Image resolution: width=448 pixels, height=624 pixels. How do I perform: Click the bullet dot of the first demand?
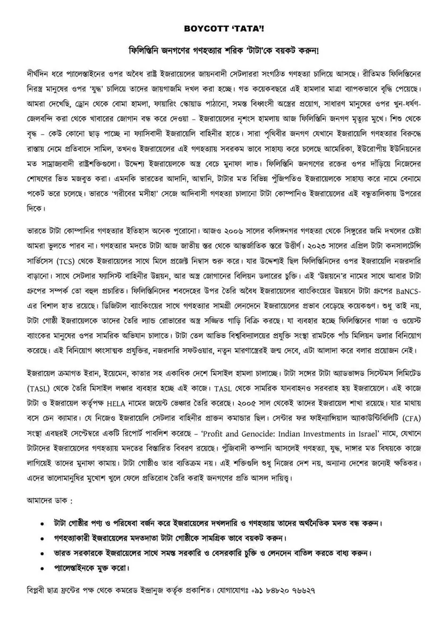click(42, 523)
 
